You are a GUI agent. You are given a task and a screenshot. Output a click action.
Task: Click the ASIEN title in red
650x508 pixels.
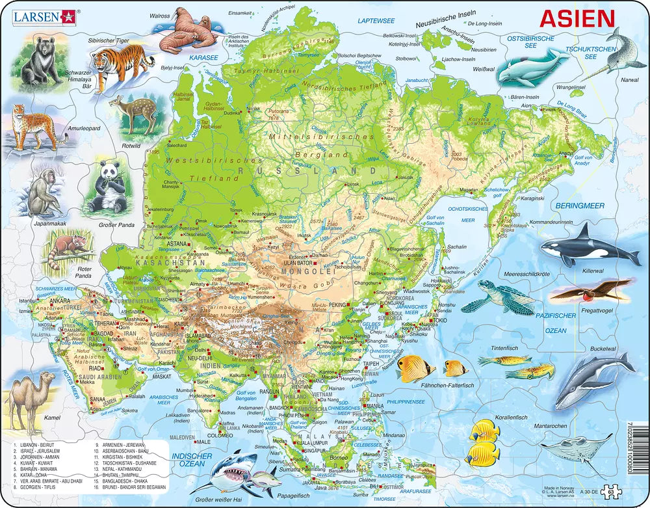click(577, 19)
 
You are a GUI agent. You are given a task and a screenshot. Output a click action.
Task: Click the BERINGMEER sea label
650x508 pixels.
click(580, 206)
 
